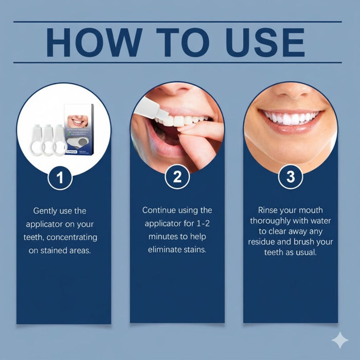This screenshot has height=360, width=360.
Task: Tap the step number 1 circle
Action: tap(60, 178)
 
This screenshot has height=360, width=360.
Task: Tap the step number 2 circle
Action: tap(177, 178)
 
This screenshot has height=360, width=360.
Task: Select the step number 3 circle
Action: tap(291, 178)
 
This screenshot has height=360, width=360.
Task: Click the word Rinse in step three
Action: tap(269, 210)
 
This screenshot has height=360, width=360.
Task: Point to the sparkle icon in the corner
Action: tap(339, 340)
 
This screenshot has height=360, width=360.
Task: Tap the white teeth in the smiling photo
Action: tap(291, 118)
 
